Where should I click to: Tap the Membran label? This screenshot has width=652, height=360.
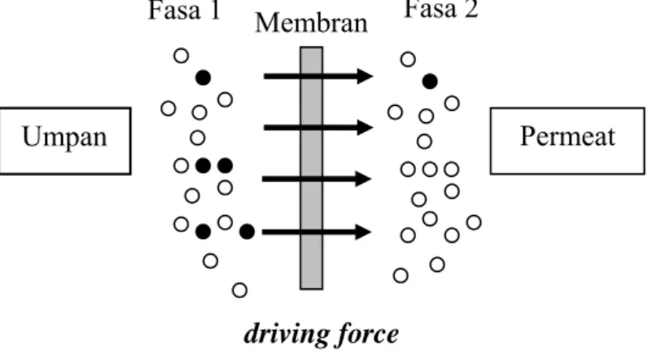pyautogui.click(x=312, y=23)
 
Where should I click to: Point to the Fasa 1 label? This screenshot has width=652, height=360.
pyautogui.click(x=184, y=10)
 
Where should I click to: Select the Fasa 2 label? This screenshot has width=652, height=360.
pyautogui.click(x=441, y=9)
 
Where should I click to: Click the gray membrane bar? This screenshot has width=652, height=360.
pyautogui.click(x=312, y=168)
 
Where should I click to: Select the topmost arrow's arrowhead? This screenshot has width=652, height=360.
pyautogui.click(x=365, y=77)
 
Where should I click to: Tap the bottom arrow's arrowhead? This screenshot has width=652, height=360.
pyautogui.click(x=363, y=232)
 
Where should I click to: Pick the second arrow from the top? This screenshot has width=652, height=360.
pyautogui.click(x=318, y=127)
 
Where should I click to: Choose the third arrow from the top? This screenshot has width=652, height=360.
pyautogui.click(x=317, y=179)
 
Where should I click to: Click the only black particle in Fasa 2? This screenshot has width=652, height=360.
pyautogui.click(x=430, y=81)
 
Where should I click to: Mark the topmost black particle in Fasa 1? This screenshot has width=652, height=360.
pyautogui.click(x=203, y=78)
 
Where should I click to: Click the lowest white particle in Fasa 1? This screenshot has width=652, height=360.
pyautogui.click(x=239, y=290)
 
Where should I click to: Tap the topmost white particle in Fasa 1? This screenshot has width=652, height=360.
pyautogui.click(x=181, y=55)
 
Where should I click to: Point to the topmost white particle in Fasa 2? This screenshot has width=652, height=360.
pyautogui.click(x=408, y=59)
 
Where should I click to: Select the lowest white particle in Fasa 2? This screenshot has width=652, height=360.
pyautogui.click(x=400, y=275)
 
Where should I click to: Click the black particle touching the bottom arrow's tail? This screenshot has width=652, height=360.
pyautogui.click(x=247, y=231)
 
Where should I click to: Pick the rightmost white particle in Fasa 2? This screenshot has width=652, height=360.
pyautogui.click(x=474, y=222)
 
